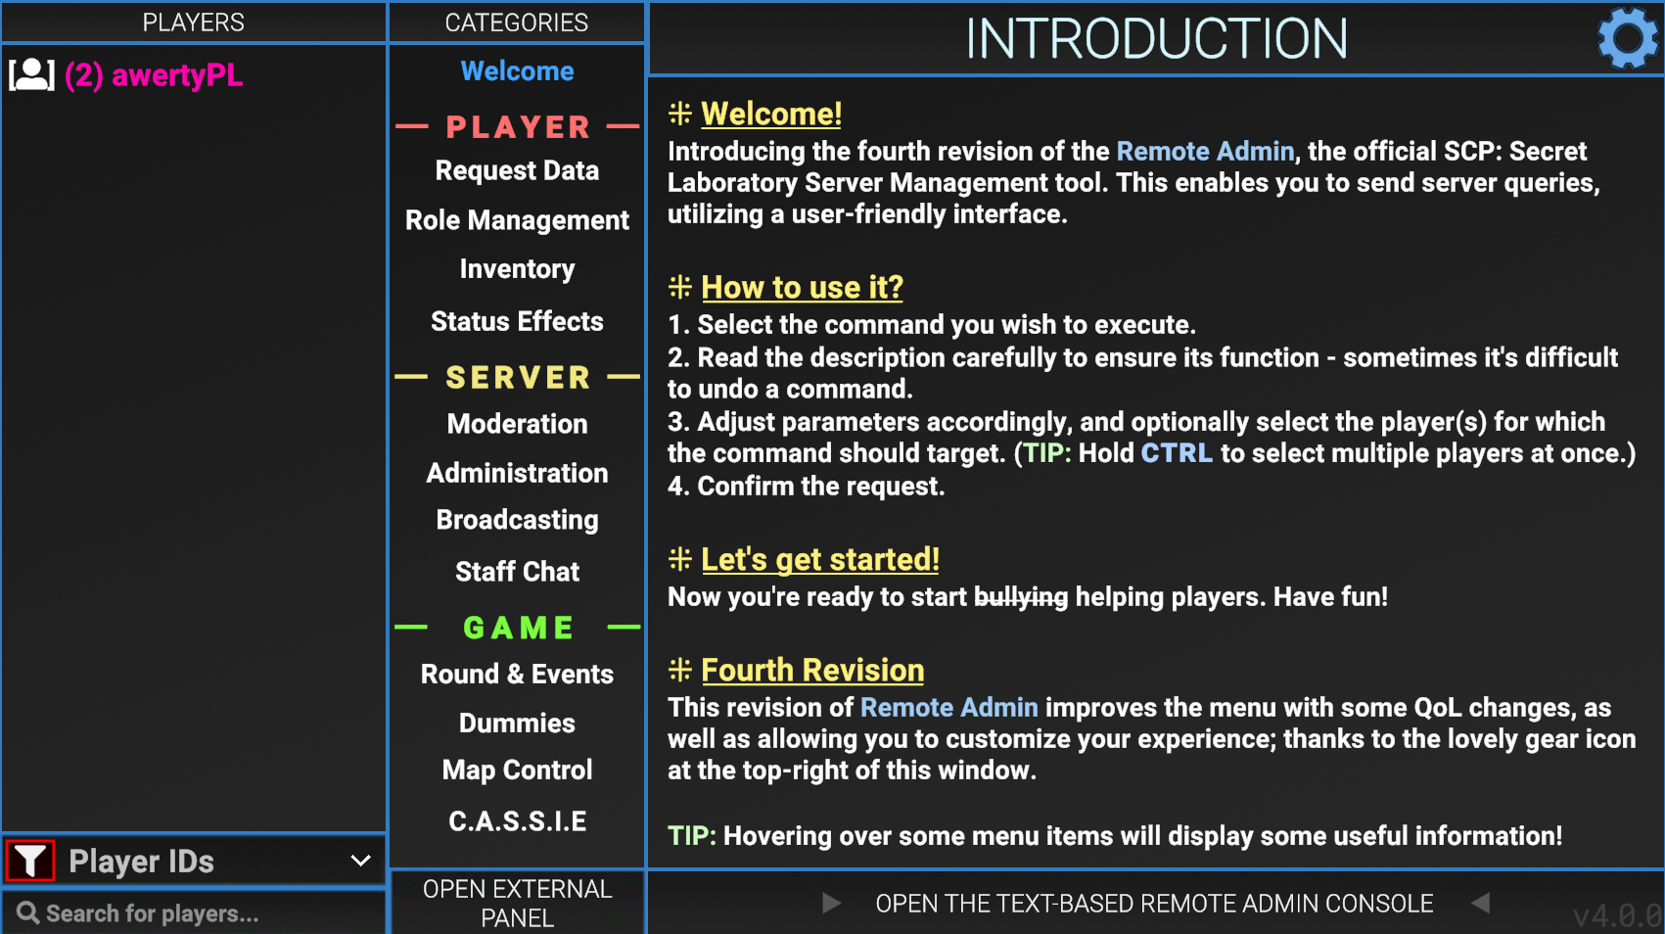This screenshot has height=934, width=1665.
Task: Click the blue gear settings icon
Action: tap(1628, 38)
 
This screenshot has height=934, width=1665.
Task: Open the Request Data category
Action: tap(517, 170)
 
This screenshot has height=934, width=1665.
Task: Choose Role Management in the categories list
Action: tap(517, 220)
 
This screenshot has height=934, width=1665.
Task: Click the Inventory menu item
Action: tap(517, 269)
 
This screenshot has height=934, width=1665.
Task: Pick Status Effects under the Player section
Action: tap(517, 321)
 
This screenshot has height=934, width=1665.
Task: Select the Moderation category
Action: tap(517, 424)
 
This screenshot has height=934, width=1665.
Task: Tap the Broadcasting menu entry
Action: tap(517, 520)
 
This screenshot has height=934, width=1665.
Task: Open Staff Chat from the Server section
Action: tap(517, 571)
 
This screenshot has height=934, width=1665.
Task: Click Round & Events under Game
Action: tap(517, 674)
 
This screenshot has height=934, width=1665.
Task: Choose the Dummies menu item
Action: tap(517, 723)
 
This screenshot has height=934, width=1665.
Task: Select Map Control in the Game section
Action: tap(517, 770)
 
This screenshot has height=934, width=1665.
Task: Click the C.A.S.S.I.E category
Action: tap(517, 821)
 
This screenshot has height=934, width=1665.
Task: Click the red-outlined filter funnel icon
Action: tap(30, 862)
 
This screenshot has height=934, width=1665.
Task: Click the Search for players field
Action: tap(193, 913)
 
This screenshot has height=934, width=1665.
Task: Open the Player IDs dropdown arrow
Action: tap(360, 862)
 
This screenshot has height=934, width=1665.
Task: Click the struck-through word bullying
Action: tap(1021, 597)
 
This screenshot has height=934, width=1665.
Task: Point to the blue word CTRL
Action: tap(1176, 453)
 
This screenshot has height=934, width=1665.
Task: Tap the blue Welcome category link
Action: tap(517, 71)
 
